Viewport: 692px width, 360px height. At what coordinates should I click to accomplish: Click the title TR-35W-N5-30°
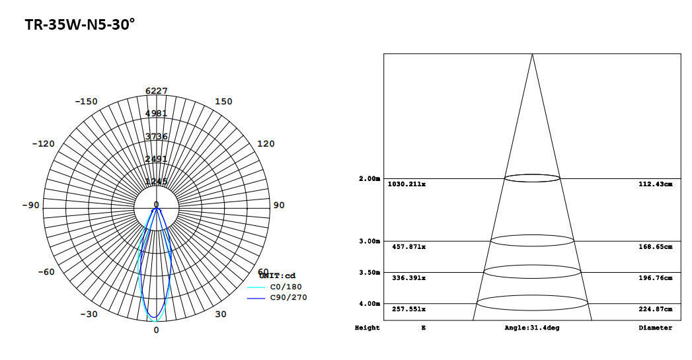pos(80,25)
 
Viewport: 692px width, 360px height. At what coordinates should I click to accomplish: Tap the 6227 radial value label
pos(156,91)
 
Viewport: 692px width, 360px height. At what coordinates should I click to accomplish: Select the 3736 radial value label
pos(156,136)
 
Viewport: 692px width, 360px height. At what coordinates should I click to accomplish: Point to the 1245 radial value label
pos(156,182)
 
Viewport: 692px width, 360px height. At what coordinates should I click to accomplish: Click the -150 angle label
pos(86,101)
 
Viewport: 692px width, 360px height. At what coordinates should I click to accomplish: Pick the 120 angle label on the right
pos(265,143)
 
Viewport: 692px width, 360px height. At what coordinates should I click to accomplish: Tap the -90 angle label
pos(30,205)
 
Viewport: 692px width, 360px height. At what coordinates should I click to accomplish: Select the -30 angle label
pos(89,314)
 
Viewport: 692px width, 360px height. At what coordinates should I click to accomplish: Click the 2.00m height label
pos(369,179)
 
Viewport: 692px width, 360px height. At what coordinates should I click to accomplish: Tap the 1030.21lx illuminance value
pos(406,184)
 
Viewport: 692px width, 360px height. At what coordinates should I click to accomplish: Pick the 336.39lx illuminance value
pos(406,277)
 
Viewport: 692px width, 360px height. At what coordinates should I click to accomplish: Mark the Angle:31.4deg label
pos(531,328)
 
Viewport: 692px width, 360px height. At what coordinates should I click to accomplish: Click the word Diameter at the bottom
pos(655,328)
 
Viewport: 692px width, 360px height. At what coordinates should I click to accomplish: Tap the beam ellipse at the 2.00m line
pos(532,178)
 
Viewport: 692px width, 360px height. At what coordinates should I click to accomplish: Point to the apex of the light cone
pos(532,54)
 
